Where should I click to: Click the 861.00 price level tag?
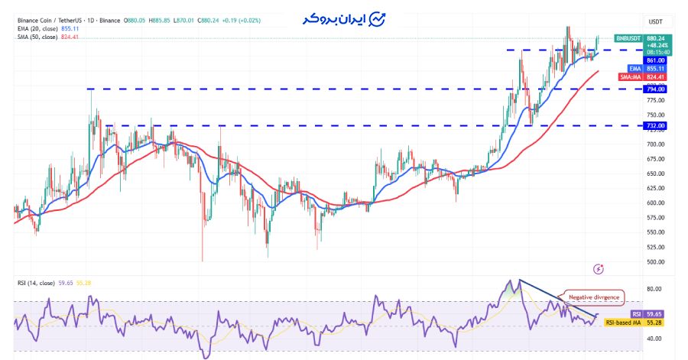pyautogui.click(x=655, y=60)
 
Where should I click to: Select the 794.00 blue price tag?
pyautogui.click(x=655, y=89)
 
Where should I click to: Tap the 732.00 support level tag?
pyautogui.click(x=655, y=125)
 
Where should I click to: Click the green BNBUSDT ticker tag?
pyautogui.click(x=628, y=38)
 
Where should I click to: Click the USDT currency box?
pyautogui.click(x=655, y=21)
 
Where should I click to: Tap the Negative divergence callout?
pyautogui.click(x=593, y=297)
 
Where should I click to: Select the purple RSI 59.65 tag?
pyautogui.click(x=647, y=314)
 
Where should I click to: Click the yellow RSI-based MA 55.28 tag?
pyautogui.click(x=634, y=323)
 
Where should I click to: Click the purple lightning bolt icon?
pyautogui.click(x=599, y=268)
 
